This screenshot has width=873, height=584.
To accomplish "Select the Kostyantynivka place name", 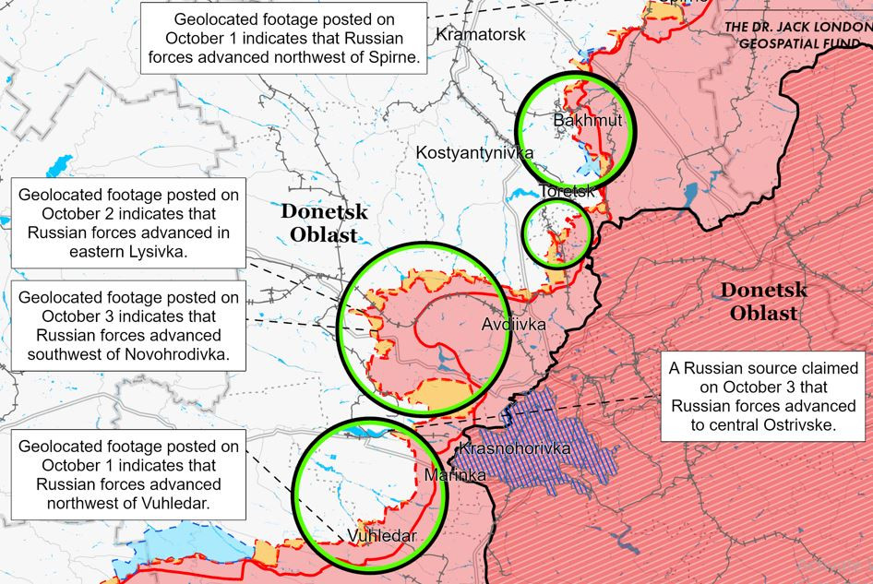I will (473, 152).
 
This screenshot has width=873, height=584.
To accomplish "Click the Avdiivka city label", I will (513, 325).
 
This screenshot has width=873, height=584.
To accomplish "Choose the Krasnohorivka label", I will (513, 449).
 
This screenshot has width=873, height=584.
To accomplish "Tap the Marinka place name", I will (455, 475).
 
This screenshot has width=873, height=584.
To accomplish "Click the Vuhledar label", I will (382, 536).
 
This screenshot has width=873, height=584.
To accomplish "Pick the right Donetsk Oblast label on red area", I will (763, 302).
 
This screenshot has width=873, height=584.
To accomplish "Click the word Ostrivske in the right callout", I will (793, 425).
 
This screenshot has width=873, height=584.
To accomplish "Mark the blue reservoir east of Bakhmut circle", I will (690, 194).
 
